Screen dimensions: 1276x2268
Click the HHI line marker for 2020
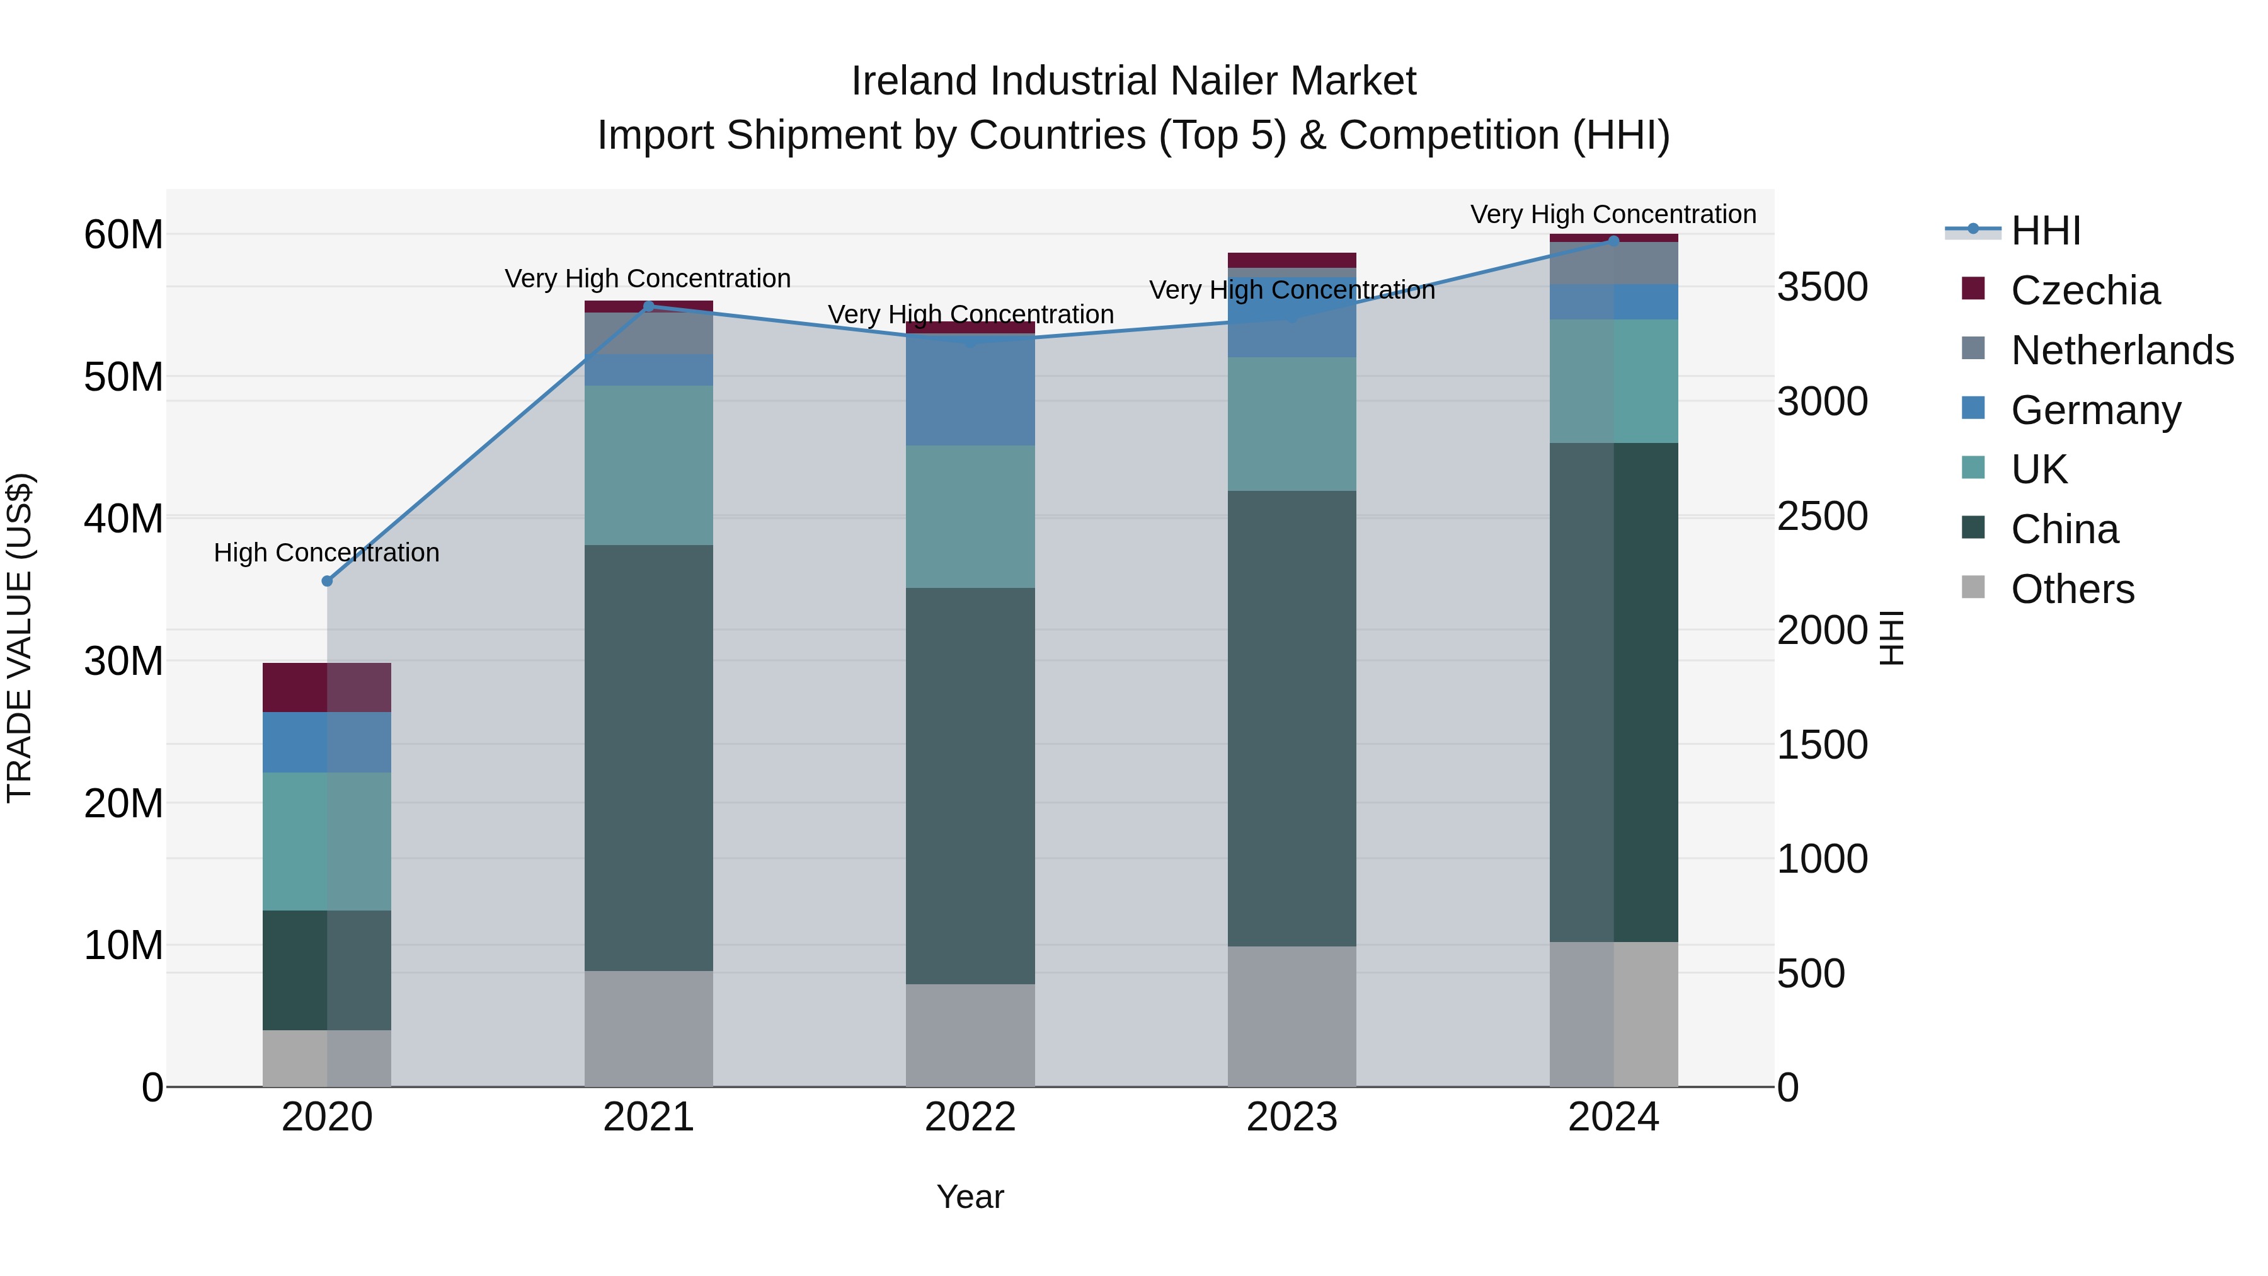(x=326, y=581)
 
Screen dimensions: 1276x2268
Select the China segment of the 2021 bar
(x=648, y=757)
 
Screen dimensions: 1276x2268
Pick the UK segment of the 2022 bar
(x=970, y=517)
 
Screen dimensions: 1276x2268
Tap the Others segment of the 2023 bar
(x=1291, y=1016)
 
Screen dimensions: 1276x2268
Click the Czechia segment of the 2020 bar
(x=326, y=687)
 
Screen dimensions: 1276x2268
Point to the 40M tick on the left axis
(x=123, y=518)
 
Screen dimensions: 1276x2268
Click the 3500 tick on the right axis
(x=1821, y=287)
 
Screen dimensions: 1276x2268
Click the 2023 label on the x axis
(x=1291, y=1117)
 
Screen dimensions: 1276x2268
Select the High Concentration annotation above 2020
(x=326, y=553)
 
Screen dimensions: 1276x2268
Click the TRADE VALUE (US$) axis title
(x=20, y=638)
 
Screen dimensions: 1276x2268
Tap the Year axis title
(x=970, y=1197)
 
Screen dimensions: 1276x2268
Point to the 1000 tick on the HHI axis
(x=1821, y=859)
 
